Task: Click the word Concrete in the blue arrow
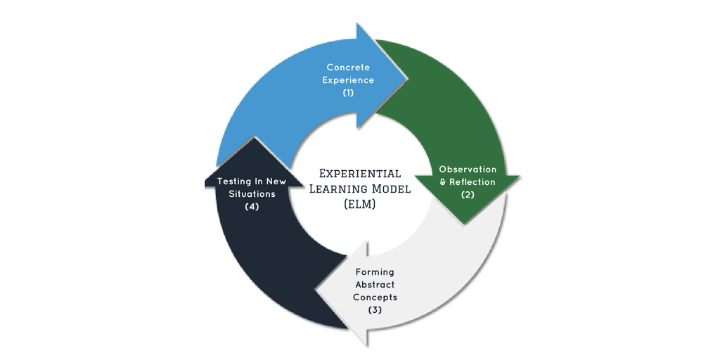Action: (348, 67)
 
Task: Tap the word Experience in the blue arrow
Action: (348, 80)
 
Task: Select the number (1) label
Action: (348, 92)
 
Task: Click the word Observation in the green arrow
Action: (468, 169)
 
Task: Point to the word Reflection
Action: (472, 182)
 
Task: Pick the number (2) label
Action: (468, 194)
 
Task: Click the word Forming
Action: (375, 272)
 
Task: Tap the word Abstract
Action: (375, 285)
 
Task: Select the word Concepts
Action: (375, 297)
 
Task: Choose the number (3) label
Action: (375, 309)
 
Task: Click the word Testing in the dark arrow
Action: (234, 181)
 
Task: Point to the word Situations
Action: (252, 194)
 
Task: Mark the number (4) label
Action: (252, 206)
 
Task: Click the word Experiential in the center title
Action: (360, 174)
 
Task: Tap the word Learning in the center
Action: (338, 188)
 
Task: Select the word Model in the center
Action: (391, 188)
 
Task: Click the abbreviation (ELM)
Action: (360, 204)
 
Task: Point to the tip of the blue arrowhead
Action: (407, 77)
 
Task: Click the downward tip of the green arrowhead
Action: (465, 224)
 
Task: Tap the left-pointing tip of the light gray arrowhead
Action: (316, 290)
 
